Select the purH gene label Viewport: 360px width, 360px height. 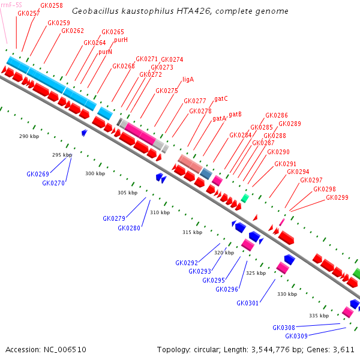pyautogui.click(x=121, y=40)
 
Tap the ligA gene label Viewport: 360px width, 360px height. pyautogui.click(x=188, y=79)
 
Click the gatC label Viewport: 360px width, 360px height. pyautogui.click(x=221, y=98)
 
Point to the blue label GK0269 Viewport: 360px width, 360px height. pyautogui.click(x=38, y=174)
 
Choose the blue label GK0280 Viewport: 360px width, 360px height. pyautogui.click(x=129, y=228)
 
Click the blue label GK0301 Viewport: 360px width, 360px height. pyautogui.click(x=247, y=303)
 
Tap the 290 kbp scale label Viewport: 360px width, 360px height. pyautogui.click(x=29, y=137)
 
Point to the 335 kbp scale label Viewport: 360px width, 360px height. pyautogui.click(x=319, y=316)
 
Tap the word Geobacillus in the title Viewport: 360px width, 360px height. pyautogui.click(x=92, y=11)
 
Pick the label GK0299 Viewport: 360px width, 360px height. pyautogui.click(x=337, y=197)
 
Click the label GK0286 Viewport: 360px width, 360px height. pyautogui.click(x=277, y=115)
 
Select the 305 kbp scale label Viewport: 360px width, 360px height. pyautogui.click(x=127, y=193)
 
